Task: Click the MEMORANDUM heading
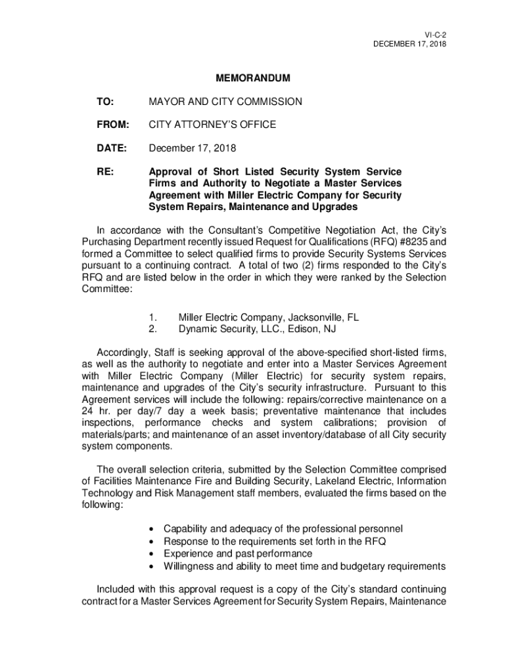253,79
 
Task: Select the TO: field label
105,102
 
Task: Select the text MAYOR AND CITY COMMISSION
225,102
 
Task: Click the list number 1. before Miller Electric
152,318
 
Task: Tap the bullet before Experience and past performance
152,554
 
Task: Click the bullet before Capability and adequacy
152,529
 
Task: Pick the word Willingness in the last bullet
188,566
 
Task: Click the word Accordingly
124,352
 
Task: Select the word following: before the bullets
102,506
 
